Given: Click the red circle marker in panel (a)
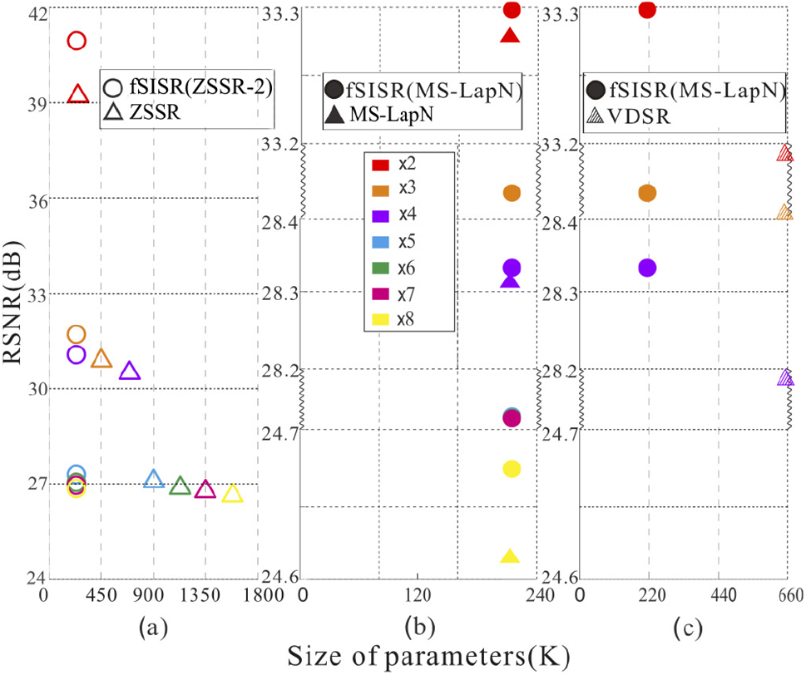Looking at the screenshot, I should (77, 41).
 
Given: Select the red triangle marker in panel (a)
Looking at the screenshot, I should (77, 94).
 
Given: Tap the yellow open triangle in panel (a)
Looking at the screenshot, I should (233, 494).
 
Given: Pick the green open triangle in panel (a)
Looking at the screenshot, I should (180, 486).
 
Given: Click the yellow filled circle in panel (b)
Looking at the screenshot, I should (512, 469).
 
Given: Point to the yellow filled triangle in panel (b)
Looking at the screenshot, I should (511, 557).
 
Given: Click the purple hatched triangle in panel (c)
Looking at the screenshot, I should (785, 377).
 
